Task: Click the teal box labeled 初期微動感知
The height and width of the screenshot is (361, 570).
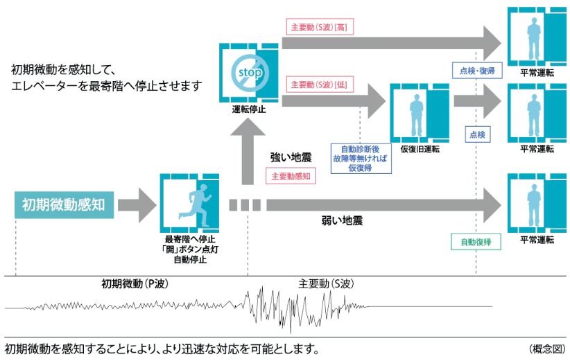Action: (x=64, y=205)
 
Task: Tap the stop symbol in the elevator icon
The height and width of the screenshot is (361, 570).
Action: (x=250, y=72)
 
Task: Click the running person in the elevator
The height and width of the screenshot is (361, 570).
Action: (x=196, y=206)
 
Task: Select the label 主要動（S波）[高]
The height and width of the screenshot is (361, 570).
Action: (x=320, y=27)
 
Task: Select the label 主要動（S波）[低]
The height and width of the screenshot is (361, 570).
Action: (x=320, y=85)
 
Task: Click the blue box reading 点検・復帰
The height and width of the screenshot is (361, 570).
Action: (x=477, y=71)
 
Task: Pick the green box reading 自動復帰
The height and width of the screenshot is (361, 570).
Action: (x=476, y=242)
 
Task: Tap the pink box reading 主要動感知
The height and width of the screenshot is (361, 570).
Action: (x=291, y=176)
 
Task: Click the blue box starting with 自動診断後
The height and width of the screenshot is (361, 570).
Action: (x=361, y=159)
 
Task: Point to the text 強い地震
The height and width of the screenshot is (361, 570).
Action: (x=291, y=157)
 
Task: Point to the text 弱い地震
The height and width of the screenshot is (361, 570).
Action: (x=342, y=220)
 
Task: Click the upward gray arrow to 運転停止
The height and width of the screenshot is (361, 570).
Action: (x=248, y=152)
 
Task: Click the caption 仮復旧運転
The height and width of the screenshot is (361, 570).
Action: (x=420, y=149)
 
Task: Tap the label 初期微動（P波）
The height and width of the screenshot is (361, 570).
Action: (x=135, y=283)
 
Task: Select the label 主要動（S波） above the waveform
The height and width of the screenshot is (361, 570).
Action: (x=326, y=283)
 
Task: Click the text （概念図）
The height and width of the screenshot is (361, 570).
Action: (x=547, y=349)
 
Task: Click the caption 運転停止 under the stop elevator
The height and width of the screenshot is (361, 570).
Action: (x=249, y=109)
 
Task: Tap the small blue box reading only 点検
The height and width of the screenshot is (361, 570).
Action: (x=477, y=134)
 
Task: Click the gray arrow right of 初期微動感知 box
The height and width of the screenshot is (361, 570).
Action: (x=137, y=205)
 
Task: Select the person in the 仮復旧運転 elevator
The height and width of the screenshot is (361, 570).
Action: (x=417, y=115)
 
